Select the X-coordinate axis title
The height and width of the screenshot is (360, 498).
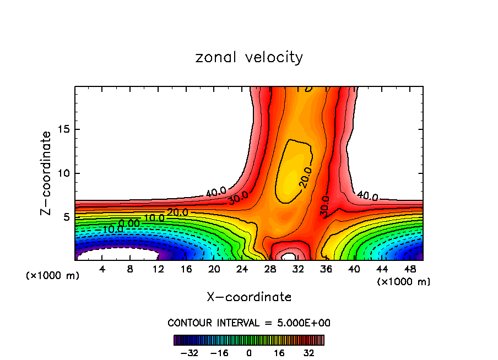(x=249, y=297)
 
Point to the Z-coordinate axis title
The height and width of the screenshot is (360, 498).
(x=46, y=173)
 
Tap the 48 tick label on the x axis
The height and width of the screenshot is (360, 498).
(x=409, y=269)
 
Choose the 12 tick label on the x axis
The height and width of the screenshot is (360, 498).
(x=158, y=269)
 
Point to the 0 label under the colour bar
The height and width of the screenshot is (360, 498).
(x=249, y=353)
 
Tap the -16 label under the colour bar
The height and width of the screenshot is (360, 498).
(x=219, y=353)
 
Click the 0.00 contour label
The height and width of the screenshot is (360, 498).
(x=129, y=223)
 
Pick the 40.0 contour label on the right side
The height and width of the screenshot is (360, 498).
(x=367, y=196)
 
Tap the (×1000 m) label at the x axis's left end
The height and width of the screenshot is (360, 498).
(x=53, y=276)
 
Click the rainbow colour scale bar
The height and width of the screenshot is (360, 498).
(x=249, y=340)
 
